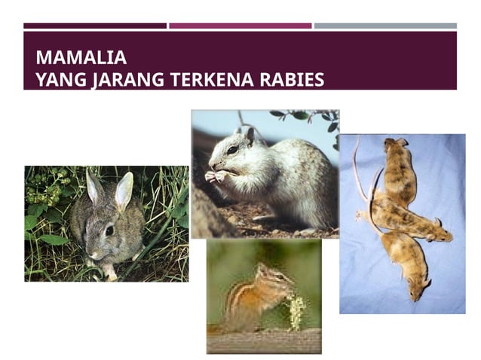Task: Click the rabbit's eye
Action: tap(109, 230)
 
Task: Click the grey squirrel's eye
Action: tap(232, 150)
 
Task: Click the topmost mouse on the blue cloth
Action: tap(398, 169)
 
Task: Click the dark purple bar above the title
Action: tap(95, 26)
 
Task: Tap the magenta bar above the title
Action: tap(240, 26)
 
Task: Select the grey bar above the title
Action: tap(384, 26)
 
